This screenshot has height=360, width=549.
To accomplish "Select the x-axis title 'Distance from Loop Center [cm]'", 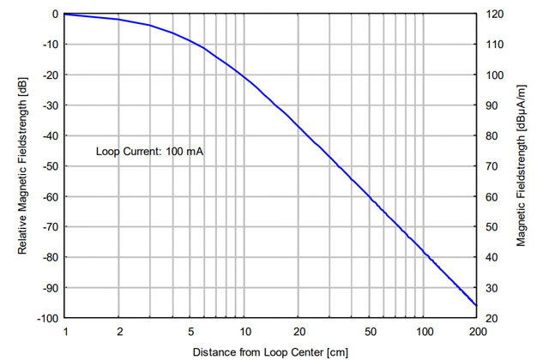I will coord(270,351).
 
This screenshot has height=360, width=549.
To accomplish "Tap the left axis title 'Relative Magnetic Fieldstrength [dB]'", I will coord(24,166).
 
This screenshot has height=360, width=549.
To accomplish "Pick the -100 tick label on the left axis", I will coord(46,318).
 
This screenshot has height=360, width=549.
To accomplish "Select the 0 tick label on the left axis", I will coord(54,15).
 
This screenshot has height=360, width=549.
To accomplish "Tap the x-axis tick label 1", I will coord(65,331).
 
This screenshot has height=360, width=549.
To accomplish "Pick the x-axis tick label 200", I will coord(477,331).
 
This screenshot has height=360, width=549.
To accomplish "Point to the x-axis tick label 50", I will coord(370,331).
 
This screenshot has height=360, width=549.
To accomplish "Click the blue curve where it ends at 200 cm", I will coord(476,305).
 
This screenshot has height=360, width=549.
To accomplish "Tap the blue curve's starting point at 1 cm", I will coord(66,15).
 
